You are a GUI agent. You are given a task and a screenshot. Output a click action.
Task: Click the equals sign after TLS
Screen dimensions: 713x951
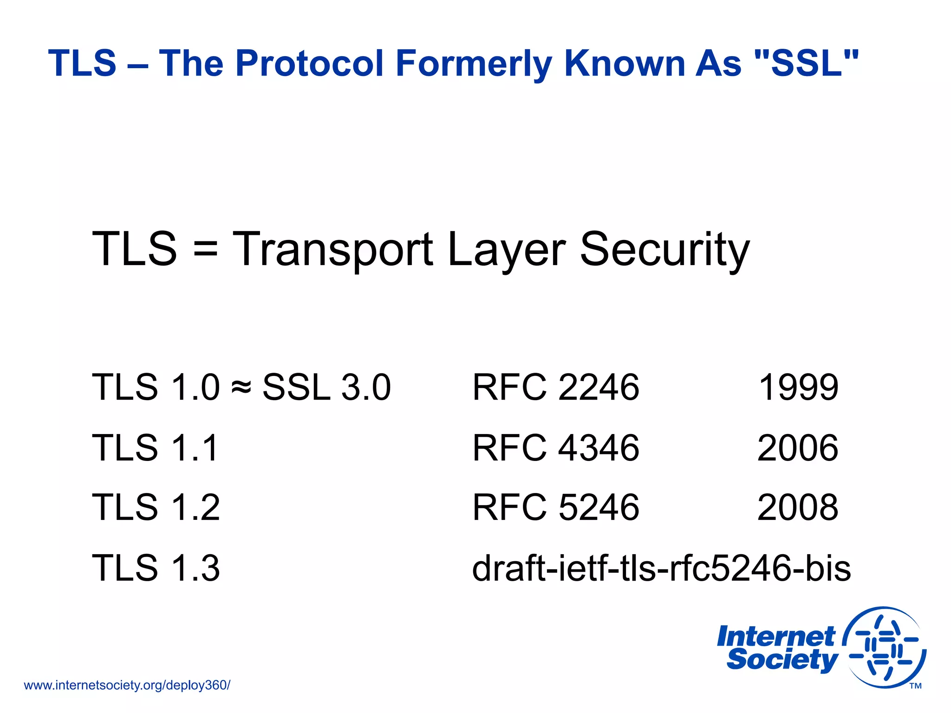pyautogui.click(x=205, y=251)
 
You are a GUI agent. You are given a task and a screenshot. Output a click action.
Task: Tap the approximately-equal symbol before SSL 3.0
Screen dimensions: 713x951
pyautogui.click(x=241, y=386)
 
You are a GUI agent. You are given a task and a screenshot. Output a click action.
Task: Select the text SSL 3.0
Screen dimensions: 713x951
pyautogui.click(x=326, y=387)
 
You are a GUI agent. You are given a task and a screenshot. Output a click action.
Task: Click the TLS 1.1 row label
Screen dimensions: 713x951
pyautogui.click(x=156, y=447)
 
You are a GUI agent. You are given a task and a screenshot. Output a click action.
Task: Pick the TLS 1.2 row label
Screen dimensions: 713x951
pyautogui.click(x=156, y=507)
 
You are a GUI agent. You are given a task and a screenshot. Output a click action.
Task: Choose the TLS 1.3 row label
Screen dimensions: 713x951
pyautogui.click(x=156, y=568)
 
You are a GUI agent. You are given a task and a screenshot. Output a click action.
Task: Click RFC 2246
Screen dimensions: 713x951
pyautogui.click(x=556, y=387)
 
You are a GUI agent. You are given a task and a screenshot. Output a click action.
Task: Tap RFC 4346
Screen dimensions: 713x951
pyautogui.click(x=556, y=447)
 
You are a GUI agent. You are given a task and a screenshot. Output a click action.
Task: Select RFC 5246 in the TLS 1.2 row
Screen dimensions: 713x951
pyautogui.click(x=556, y=507)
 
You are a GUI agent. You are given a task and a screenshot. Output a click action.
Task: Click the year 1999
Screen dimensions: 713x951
pyautogui.click(x=798, y=387)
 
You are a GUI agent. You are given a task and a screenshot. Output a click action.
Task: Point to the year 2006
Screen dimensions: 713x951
pyautogui.click(x=798, y=447)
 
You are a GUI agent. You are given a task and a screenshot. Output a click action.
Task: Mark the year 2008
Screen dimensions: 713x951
pyautogui.click(x=798, y=507)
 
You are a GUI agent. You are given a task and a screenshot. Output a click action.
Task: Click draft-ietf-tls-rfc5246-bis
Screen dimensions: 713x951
pyautogui.click(x=661, y=568)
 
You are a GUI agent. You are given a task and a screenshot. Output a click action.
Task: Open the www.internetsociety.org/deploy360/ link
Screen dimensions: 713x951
pyautogui.click(x=127, y=685)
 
